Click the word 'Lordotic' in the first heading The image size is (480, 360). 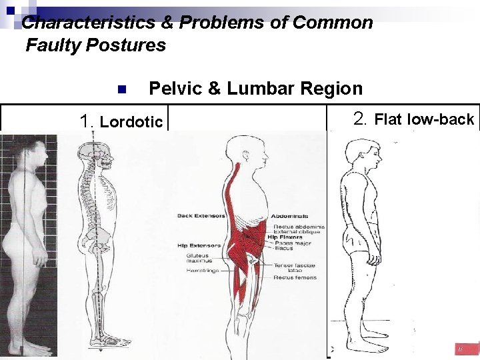click(131, 121)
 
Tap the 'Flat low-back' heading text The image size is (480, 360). click(423, 120)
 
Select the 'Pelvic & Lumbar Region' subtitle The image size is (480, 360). click(255, 89)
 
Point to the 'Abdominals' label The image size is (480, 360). click(291, 216)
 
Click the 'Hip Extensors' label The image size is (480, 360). click(193, 246)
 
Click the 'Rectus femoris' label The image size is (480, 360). click(295, 277)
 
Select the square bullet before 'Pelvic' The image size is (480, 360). click(121, 90)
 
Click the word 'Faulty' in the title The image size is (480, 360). click(50, 45)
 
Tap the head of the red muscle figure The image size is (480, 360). click(238, 150)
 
